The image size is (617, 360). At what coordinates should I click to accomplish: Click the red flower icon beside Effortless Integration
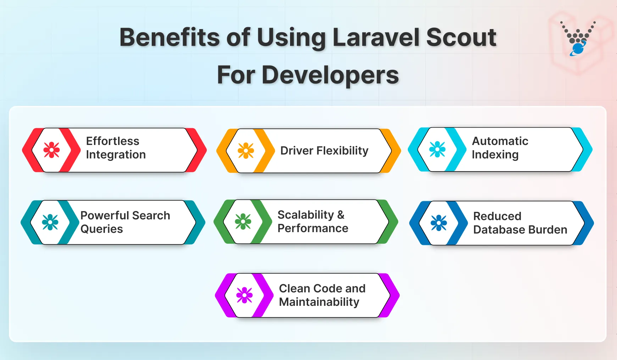[51, 150]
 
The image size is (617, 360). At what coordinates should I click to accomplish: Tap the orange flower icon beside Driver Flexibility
[246, 151]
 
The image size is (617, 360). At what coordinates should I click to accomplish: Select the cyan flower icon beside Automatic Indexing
[437, 149]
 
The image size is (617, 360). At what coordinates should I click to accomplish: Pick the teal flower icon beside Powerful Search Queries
[50, 222]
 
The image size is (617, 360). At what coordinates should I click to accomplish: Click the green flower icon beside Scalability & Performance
[243, 221]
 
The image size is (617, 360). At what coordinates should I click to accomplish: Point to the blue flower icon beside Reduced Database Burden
[439, 223]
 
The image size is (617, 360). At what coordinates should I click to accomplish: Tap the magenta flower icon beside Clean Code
[244, 295]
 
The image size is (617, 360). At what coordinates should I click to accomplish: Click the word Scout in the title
[461, 37]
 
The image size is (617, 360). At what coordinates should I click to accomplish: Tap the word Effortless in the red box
[112, 141]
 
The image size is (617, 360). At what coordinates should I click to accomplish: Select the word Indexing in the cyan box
[495, 155]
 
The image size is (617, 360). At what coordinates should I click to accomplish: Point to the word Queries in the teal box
[101, 229]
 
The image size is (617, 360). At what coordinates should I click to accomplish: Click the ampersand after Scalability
[341, 215]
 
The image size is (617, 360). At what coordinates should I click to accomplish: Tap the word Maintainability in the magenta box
[319, 302]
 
